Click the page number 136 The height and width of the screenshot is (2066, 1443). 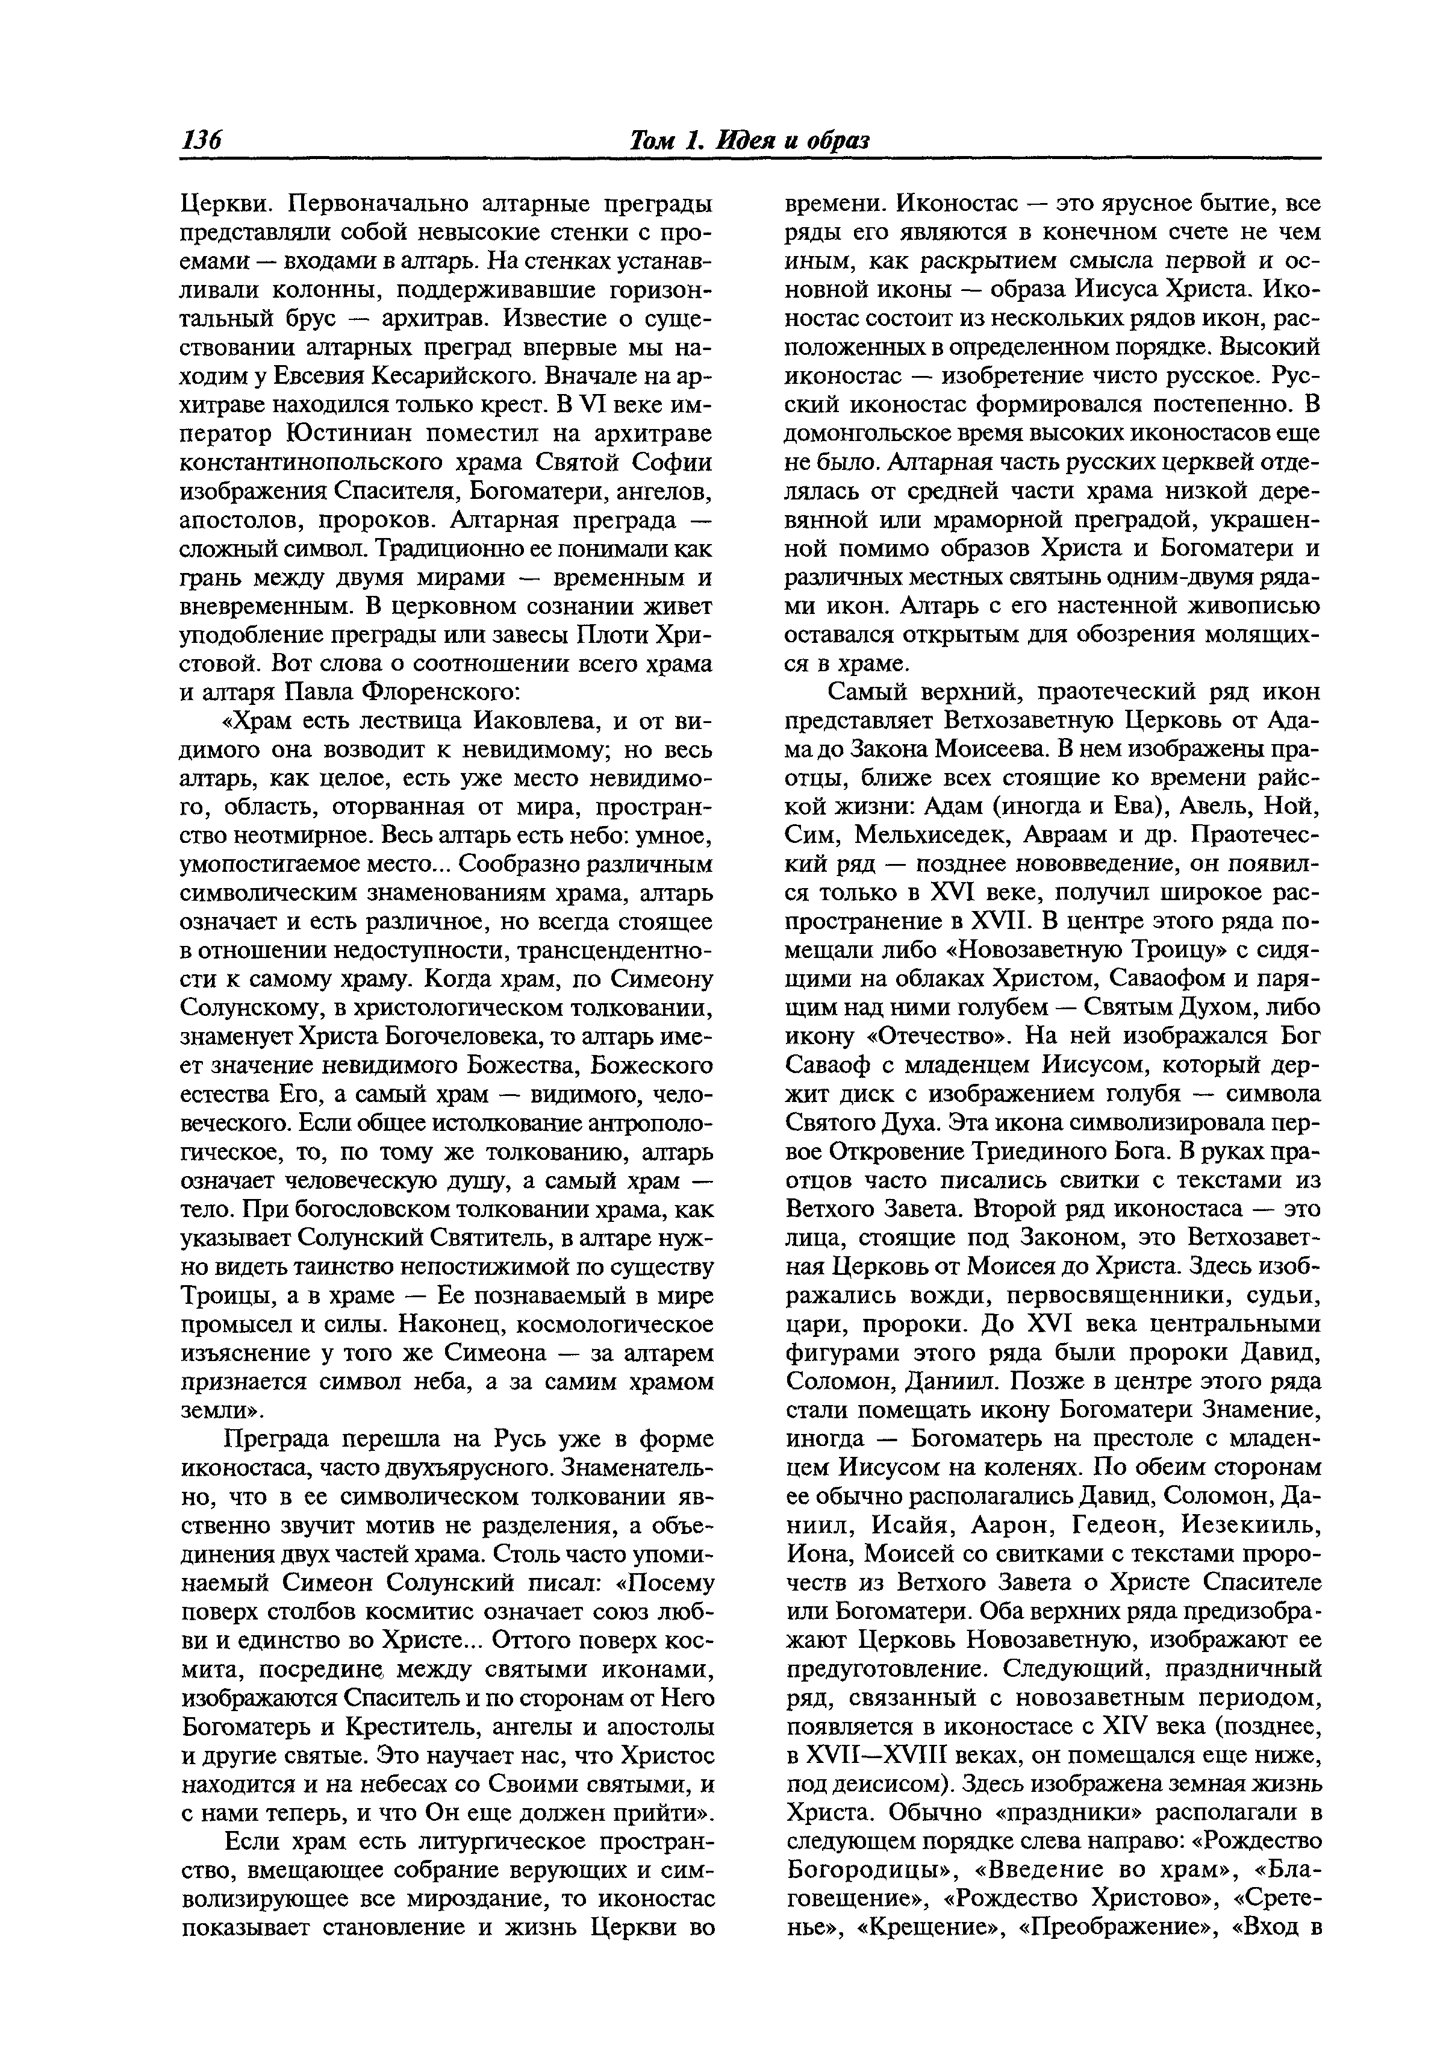(202, 141)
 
